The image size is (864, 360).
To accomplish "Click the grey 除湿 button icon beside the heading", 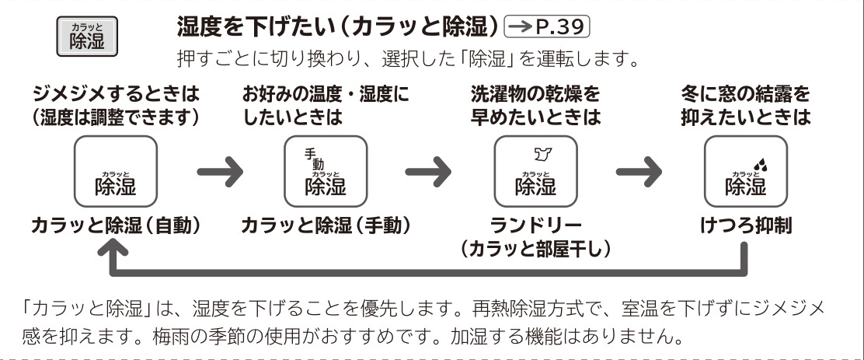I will [x=87, y=37].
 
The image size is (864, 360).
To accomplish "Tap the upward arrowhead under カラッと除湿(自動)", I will [x=114, y=250].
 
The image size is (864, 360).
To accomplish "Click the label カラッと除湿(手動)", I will [x=326, y=225].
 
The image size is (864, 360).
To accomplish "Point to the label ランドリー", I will [x=535, y=225].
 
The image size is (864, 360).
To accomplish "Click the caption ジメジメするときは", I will [x=114, y=95].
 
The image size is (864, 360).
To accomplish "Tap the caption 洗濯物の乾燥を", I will [x=535, y=95].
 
